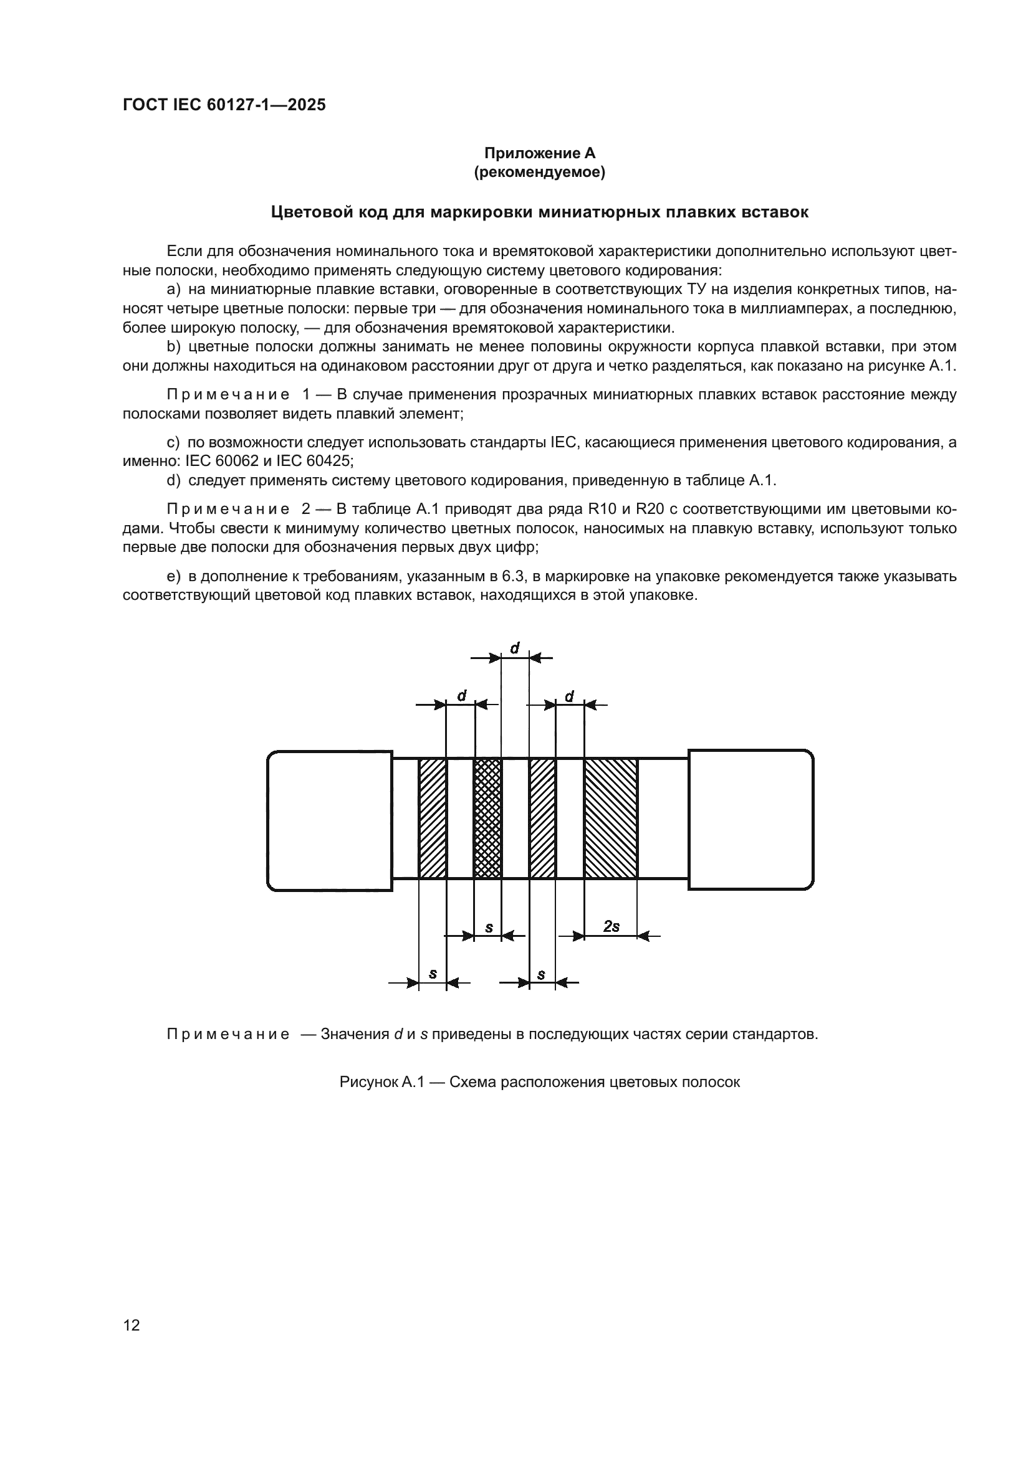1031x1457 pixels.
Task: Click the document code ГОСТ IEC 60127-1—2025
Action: click(x=224, y=105)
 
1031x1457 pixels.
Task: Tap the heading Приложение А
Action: click(x=540, y=153)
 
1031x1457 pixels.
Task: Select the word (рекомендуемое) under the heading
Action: click(x=540, y=172)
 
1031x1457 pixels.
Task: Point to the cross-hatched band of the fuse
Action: click(x=487, y=819)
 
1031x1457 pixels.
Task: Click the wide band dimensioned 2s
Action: click(x=611, y=819)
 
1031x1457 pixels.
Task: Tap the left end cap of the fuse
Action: click(x=330, y=820)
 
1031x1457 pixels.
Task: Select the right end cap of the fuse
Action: click(x=750, y=820)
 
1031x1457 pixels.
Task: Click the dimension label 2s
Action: click(x=611, y=927)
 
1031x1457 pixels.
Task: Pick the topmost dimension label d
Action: click(x=515, y=648)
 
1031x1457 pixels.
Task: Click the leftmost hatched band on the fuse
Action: click(x=433, y=819)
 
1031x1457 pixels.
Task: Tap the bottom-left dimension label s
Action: click(x=433, y=974)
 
